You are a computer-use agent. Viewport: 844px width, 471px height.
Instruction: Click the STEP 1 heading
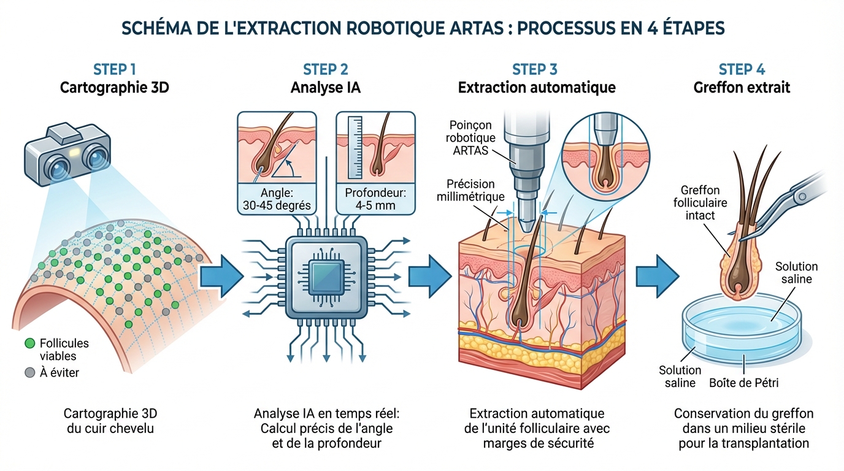[115, 69]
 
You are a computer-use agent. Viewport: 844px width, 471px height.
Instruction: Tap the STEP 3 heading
[535, 69]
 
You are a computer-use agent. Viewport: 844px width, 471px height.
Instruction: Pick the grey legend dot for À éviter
[29, 372]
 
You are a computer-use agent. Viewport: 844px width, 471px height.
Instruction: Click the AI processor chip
[324, 276]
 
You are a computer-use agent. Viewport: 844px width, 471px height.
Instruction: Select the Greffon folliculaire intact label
[700, 203]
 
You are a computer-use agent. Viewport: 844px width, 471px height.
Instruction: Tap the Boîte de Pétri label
[743, 383]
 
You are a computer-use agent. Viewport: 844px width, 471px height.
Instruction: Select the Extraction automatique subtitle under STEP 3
[537, 88]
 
